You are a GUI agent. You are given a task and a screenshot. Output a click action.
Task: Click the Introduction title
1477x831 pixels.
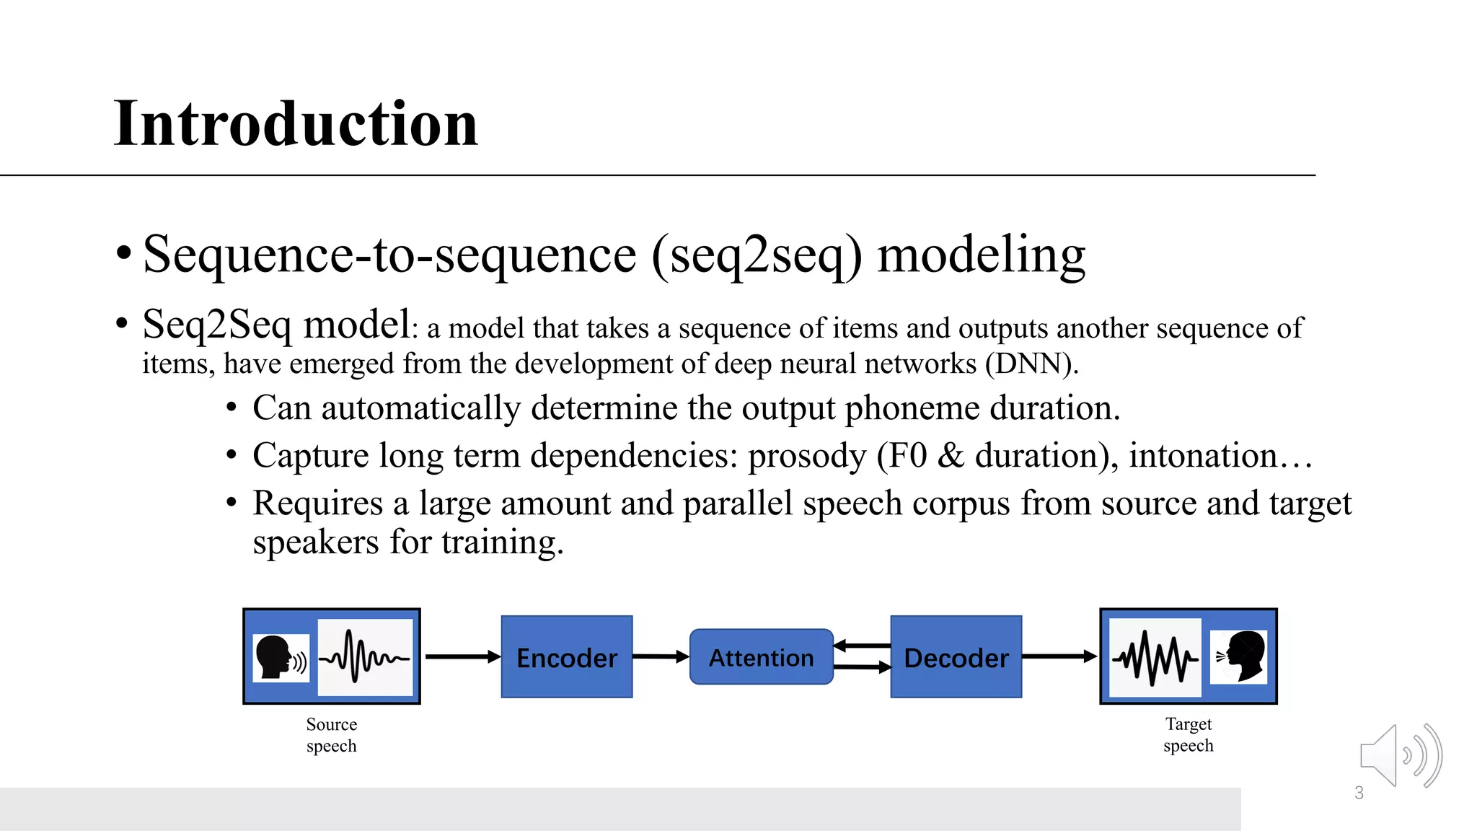point(296,124)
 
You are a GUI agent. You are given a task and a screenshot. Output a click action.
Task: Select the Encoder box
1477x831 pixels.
point(567,657)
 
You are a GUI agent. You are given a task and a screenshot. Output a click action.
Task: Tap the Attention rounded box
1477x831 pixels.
point(761,657)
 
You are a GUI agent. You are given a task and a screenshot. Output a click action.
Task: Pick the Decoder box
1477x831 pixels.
point(956,657)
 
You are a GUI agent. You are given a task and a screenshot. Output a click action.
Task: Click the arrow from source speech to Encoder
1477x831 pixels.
point(462,656)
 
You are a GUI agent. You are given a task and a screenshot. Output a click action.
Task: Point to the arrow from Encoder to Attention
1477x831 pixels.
point(660,656)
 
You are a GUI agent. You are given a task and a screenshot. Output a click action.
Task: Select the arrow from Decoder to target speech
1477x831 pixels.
point(1059,656)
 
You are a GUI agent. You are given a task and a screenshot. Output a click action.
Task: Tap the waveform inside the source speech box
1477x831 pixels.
point(365,657)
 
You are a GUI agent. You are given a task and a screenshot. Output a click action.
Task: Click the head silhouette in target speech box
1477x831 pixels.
point(1240,656)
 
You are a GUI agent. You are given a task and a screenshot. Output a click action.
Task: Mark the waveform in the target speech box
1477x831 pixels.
point(1155,657)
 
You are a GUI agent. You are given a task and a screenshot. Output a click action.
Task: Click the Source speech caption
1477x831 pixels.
point(331,734)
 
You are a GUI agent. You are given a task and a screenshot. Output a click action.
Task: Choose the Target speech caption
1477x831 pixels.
point(1188,734)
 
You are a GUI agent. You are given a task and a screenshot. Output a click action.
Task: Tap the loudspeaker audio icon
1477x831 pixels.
point(1399,756)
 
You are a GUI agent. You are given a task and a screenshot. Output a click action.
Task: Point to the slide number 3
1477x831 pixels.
point(1359,793)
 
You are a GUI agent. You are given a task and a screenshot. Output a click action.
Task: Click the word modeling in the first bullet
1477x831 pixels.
point(981,255)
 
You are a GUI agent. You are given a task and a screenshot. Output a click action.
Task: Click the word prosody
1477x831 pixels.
point(806,456)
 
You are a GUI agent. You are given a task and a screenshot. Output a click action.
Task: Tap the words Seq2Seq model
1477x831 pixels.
point(276,325)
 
